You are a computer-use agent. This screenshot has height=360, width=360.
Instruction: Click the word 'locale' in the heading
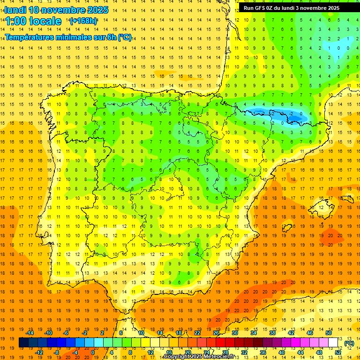click(45, 21)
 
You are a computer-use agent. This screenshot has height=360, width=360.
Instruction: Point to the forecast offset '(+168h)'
click(83, 21)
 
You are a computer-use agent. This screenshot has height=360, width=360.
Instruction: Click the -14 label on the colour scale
click(30, 333)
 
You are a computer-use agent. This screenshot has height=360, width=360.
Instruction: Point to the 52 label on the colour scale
click(338, 352)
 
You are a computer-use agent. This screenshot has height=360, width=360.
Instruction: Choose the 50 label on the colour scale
click(329, 333)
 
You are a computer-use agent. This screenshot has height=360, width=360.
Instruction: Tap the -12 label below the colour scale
click(39, 352)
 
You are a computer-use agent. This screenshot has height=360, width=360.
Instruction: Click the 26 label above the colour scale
click(216, 333)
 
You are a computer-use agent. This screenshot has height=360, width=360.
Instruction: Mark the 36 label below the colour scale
click(263, 352)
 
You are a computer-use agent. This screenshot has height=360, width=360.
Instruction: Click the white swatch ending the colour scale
click(333, 343)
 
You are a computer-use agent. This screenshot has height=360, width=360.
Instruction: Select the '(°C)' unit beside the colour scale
click(349, 343)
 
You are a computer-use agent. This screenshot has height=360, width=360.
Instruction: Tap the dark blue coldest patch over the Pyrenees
click(293, 114)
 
